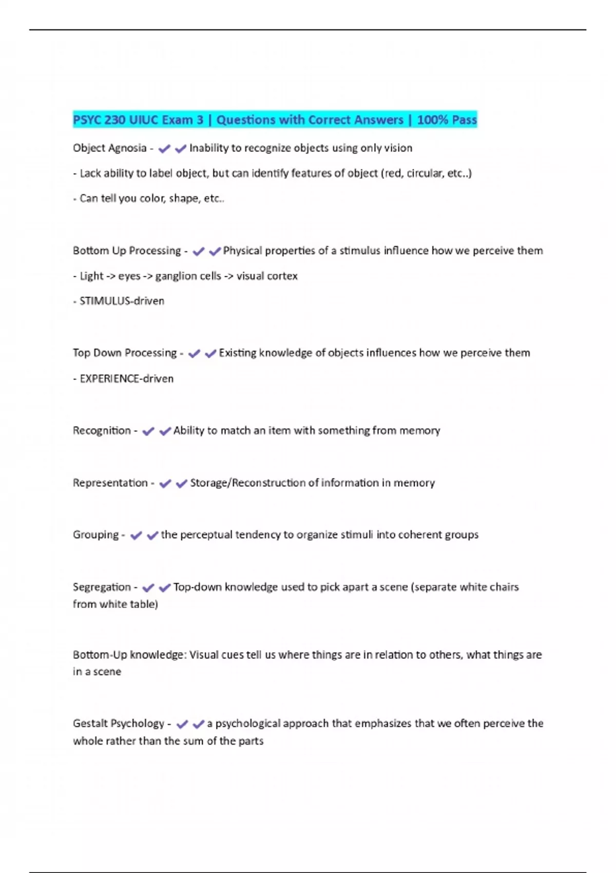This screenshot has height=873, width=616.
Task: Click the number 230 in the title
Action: pos(114,120)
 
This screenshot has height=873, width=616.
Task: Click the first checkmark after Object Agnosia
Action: pos(164,149)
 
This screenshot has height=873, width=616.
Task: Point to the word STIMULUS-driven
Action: pos(122,301)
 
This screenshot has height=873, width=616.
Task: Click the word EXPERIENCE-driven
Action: pos(127,379)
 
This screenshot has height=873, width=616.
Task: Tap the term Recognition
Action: pos(102,430)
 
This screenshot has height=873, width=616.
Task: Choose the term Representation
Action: pos(110,483)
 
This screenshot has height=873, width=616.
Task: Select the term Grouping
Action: pos(95,535)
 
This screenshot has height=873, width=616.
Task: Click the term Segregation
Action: pos(102,587)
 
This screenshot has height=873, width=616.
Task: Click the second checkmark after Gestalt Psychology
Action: pos(198,724)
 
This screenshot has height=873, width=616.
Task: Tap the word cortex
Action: pos(282,276)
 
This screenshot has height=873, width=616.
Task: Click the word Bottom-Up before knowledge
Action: pos(100,655)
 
